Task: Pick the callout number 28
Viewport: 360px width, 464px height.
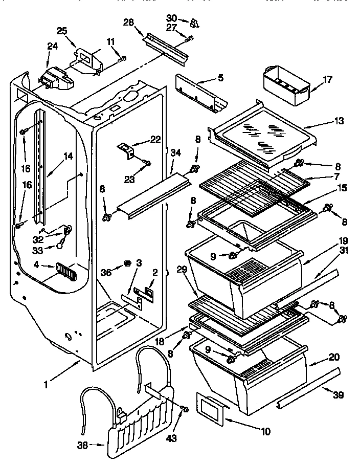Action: tap(128, 21)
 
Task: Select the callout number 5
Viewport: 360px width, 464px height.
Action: tap(220, 78)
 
